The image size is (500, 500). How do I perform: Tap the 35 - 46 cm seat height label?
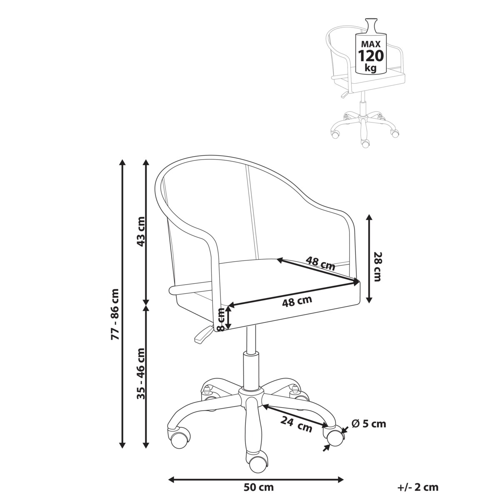coord(141,374)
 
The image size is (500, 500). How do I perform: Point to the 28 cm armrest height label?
coord(377,267)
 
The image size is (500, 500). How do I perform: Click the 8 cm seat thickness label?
coord(222,319)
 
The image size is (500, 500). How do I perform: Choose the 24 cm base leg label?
coord(296,425)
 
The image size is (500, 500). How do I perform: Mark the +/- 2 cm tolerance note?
coord(417,487)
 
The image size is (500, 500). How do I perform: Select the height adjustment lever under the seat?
coord(202,335)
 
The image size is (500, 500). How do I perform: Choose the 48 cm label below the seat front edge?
coord(297,301)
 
